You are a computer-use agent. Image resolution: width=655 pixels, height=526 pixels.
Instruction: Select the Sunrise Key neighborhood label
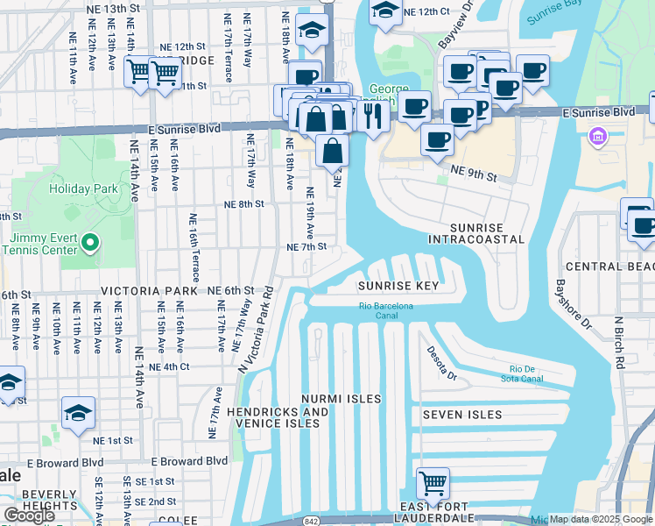(x=398, y=287)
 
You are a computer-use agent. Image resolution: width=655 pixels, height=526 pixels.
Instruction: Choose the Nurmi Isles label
(x=342, y=399)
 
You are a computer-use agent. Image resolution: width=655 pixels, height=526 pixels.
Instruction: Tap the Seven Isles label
(x=461, y=415)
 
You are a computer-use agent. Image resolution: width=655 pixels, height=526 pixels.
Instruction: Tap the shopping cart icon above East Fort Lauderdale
(x=433, y=482)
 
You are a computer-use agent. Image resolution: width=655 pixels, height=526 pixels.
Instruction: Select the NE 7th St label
(x=306, y=247)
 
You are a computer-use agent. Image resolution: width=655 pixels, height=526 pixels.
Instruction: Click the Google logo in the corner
(x=30, y=515)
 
